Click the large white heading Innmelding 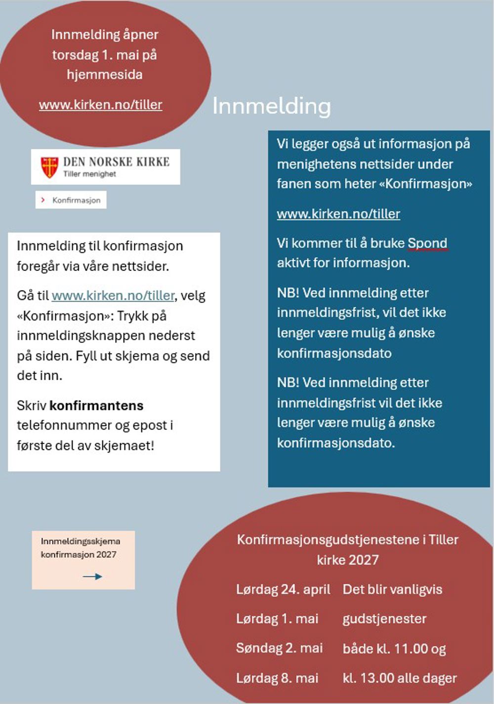pyautogui.click(x=271, y=106)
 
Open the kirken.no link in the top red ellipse pyautogui.click(x=100, y=105)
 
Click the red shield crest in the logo pyautogui.click(x=49, y=167)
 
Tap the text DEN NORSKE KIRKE pyautogui.click(x=116, y=162)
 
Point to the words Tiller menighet pyautogui.click(x=89, y=174)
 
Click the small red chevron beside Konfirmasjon pyautogui.click(x=43, y=200)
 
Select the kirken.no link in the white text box pyautogui.click(x=113, y=296)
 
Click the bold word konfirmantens pyautogui.click(x=96, y=406)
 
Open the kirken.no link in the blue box pyautogui.click(x=338, y=214)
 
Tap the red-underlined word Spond pyautogui.click(x=427, y=243)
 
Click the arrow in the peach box pyautogui.click(x=92, y=576)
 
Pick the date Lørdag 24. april pyautogui.click(x=283, y=590)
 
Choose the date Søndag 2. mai pyautogui.click(x=279, y=648)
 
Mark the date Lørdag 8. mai pyautogui.click(x=277, y=678)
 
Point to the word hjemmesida pyautogui.click(x=105, y=75)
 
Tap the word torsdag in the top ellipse pyautogui.click(x=76, y=55)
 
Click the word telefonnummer pyautogui.click(x=64, y=426)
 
